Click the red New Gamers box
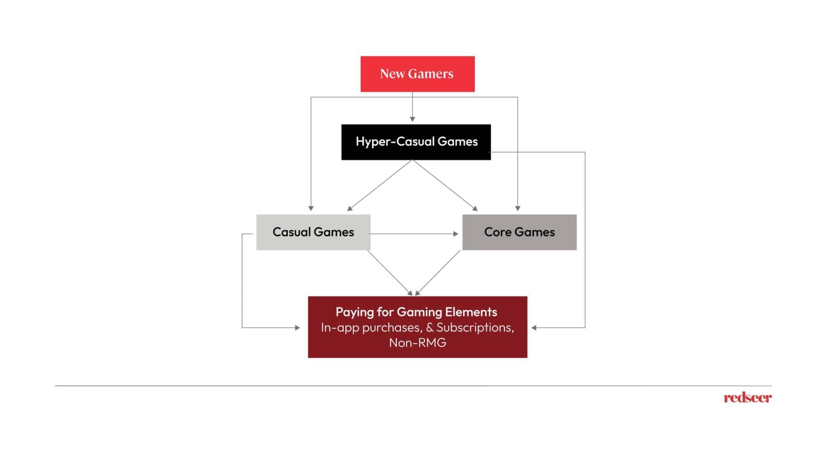[x=417, y=74]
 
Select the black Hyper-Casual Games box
[x=416, y=142]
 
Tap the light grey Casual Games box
[x=313, y=232]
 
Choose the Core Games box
[x=519, y=232]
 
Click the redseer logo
[x=748, y=398]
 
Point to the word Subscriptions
[x=475, y=327]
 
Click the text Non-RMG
[x=417, y=343]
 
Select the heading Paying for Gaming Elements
[x=416, y=312]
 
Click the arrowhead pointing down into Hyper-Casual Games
[x=412, y=119]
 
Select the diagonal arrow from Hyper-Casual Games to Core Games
[x=445, y=186]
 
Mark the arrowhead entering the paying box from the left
[x=298, y=328]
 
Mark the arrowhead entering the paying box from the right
[x=534, y=328]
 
